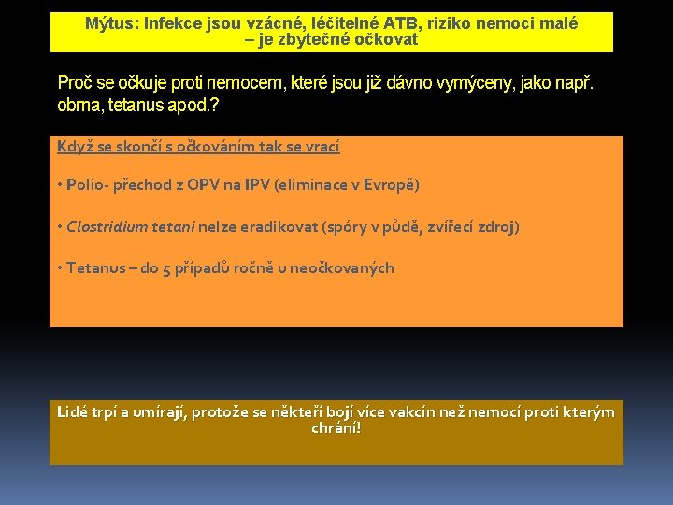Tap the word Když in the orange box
tap(73, 146)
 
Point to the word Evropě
tap(390, 185)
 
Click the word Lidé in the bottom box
tap(73, 411)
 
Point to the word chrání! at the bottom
tap(336, 428)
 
